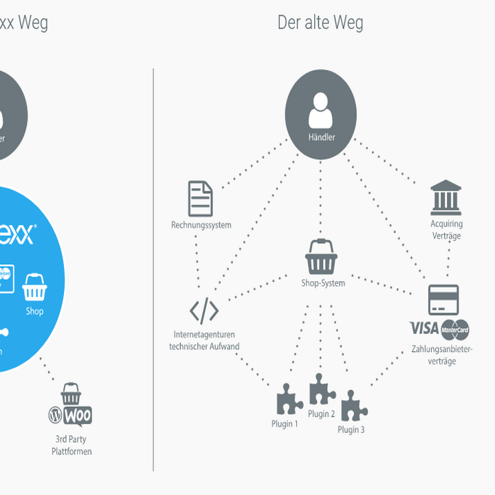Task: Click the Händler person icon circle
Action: coord(320,114)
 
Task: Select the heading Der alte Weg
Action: coord(320,23)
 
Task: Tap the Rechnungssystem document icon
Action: coord(201,199)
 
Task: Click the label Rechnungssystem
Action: coord(201,225)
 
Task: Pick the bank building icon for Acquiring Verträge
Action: coord(446,198)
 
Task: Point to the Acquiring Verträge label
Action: coord(446,230)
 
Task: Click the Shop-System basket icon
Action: coord(321,256)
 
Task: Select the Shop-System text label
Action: coord(323,283)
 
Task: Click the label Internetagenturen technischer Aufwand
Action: coord(204,340)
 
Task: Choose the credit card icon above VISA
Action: coord(443,300)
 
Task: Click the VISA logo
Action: coord(423,328)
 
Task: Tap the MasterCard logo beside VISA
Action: coord(455,329)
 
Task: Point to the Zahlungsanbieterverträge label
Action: coord(443,355)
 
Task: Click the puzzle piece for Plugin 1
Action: coord(289,399)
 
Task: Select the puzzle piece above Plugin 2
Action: coord(322,390)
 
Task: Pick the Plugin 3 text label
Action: coord(351,430)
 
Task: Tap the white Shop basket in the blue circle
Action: coord(35,287)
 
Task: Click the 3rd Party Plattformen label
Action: coord(71,445)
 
